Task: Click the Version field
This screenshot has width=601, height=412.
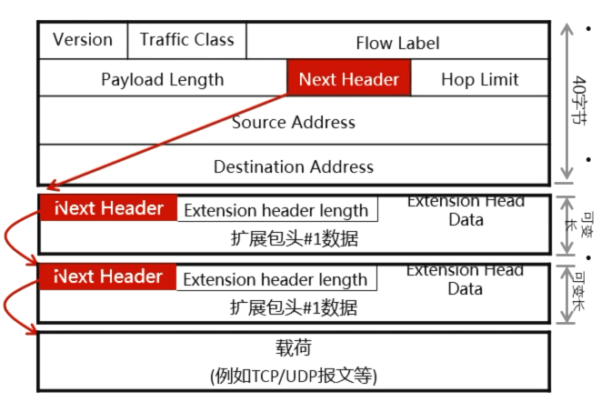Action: [83, 40]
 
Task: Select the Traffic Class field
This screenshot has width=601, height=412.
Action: [186, 40]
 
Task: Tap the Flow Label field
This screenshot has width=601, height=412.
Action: [397, 43]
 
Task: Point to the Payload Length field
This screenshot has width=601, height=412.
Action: [162, 79]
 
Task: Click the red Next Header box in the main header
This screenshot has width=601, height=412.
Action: [349, 79]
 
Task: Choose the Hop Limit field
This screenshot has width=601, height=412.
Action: [479, 79]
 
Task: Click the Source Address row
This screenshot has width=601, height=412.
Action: [293, 122]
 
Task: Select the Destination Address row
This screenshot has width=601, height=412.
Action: [293, 166]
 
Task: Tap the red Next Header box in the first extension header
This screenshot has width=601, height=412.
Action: [108, 208]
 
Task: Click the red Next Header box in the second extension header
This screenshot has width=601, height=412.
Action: [108, 276]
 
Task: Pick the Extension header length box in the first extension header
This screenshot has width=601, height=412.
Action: [276, 210]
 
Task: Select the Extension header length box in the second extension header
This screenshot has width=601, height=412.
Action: [275, 279]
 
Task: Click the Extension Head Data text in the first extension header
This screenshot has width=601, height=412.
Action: [466, 210]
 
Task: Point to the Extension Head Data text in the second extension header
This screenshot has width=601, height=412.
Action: [465, 279]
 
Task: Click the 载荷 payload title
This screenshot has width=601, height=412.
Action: [293, 348]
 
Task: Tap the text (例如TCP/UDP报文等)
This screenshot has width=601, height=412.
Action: [293, 375]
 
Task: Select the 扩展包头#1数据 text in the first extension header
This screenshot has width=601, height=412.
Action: [293, 238]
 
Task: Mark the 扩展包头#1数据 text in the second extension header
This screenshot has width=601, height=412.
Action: [293, 306]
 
